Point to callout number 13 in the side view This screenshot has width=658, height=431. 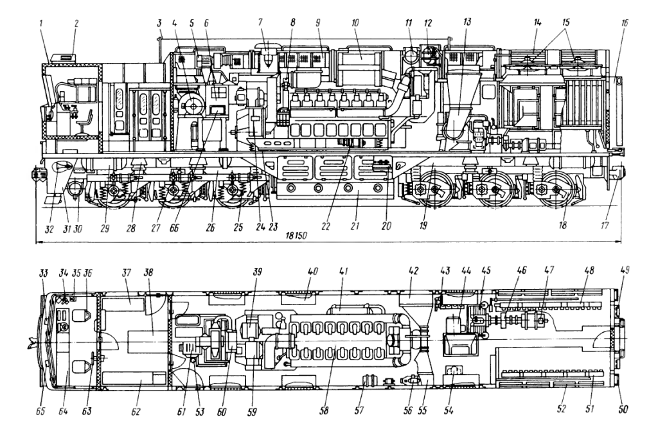click(467, 22)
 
